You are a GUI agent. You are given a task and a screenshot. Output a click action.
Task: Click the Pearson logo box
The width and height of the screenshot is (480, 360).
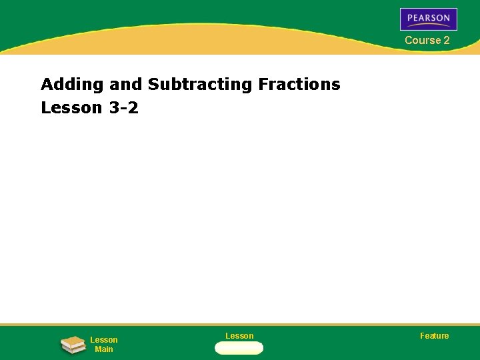(x=428, y=19)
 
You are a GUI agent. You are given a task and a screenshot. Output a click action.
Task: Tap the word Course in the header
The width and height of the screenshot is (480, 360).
(x=423, y=40)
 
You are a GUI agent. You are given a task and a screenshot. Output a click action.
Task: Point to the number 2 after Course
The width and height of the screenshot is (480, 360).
(x=447, y=40)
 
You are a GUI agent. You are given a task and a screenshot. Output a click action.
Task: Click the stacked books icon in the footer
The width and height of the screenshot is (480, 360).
(x=72, y=345)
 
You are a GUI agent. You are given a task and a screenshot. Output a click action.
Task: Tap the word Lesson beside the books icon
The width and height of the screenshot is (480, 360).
(x=103, y=340)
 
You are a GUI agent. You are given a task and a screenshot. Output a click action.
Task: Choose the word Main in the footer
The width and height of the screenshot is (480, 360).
(x=103, y=349)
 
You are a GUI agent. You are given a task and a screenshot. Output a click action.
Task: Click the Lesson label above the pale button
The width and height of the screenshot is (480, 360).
(x=239, y=335)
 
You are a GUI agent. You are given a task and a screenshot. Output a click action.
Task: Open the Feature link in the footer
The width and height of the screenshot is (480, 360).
(x=434, y=335)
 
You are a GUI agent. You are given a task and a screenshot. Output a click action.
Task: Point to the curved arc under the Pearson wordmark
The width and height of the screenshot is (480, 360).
(x=429, y=25)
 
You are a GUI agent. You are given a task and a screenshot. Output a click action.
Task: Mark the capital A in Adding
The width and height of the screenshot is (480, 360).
(x=47, y=85)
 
